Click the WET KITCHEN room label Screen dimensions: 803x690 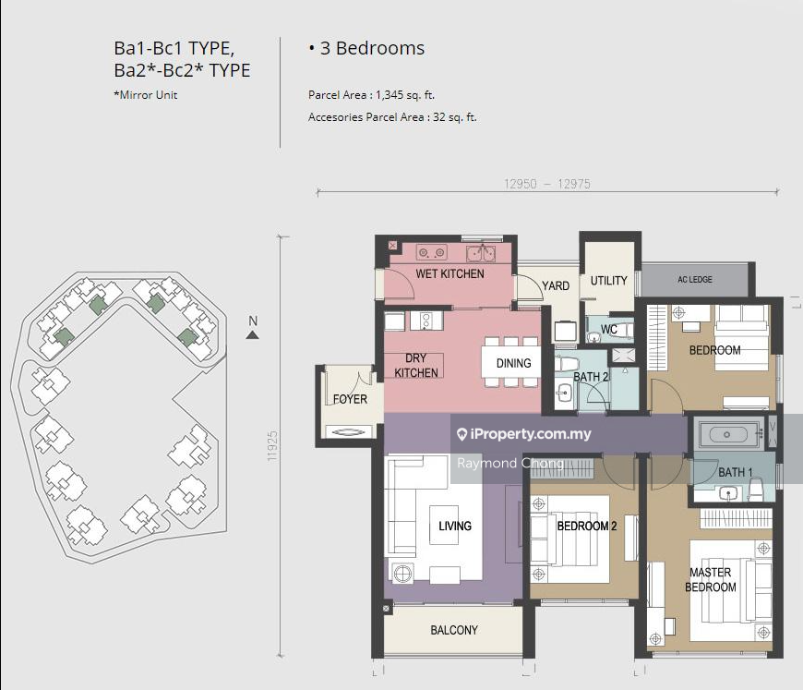click(x=449, y=273)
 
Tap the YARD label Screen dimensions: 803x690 click(x=556, y=285)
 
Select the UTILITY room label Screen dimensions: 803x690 click(x=608, y=281)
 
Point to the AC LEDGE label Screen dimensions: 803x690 click(x=695, y=279)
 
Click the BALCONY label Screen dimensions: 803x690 click(x=454, y=630)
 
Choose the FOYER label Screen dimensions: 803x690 click(x=350, y=399)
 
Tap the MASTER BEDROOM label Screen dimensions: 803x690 click(x=711, y=580)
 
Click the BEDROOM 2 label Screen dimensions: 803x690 click(x=587, y=526)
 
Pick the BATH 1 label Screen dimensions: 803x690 click(x=736, y=472)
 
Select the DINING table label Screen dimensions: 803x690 click(x=514, y=363)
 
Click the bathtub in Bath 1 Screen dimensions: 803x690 click(x=726, y=435)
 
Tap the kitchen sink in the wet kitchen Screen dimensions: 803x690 click(x=481, y=253)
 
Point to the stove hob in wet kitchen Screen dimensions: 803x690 click(x=431, y=252)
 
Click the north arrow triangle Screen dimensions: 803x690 click(x=253, y=334)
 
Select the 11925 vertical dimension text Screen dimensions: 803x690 click(x=272, y=445)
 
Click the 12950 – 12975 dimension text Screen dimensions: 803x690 click(x=547, y=184)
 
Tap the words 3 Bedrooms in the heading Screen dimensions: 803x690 click(x=372, y=48)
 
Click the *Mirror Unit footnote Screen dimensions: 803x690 click(x=146, y=95)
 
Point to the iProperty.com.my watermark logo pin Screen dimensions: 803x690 click(x=461, y=435)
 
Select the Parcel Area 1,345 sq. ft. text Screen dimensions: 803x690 click(x=371, y=95)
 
